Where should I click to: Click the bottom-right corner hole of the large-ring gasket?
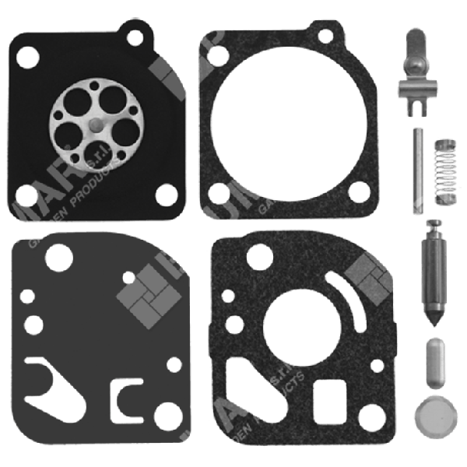[x=357, y=192]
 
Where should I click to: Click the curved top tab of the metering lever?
[x=416, y=43]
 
